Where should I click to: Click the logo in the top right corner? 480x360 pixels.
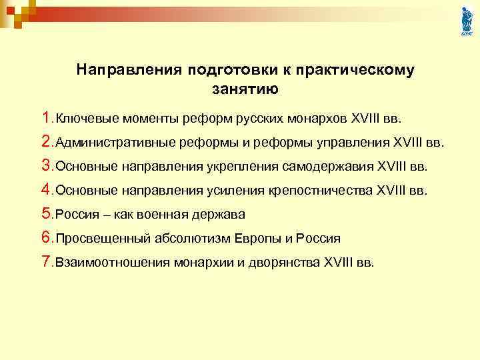[x=466, y=21]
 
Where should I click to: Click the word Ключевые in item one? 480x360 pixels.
[x=82, y=119]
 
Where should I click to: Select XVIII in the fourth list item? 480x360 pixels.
[x=391, y=191]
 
